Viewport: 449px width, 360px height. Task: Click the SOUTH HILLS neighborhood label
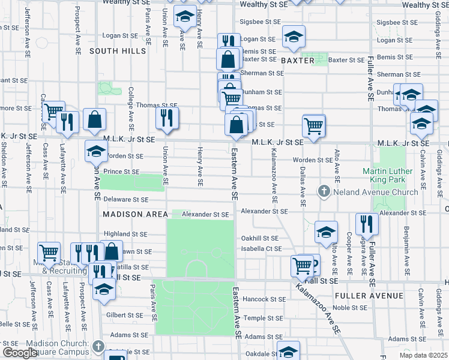(118, 52)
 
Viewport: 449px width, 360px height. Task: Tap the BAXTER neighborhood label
(297, 61)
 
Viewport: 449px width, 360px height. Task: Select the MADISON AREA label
(135, 214)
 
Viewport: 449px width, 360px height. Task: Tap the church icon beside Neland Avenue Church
(324, 191)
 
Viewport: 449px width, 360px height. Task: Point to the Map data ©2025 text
(423, 355)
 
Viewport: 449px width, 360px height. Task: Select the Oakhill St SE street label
(258, 238)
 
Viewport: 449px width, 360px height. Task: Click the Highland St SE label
(125, 235)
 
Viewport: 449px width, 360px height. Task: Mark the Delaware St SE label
(125, 199)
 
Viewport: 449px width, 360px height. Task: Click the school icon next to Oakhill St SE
(325, 231)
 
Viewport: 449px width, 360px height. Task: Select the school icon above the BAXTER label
(294, 36)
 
